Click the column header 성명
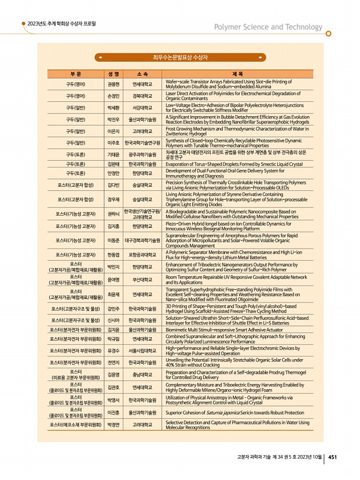113,75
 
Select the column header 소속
142,75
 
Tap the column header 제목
237,75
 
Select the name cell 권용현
113,84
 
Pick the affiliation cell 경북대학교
142,96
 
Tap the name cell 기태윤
113,155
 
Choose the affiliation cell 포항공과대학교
142,254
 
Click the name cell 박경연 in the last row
113,425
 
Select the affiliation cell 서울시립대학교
142,350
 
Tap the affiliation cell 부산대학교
142,280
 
